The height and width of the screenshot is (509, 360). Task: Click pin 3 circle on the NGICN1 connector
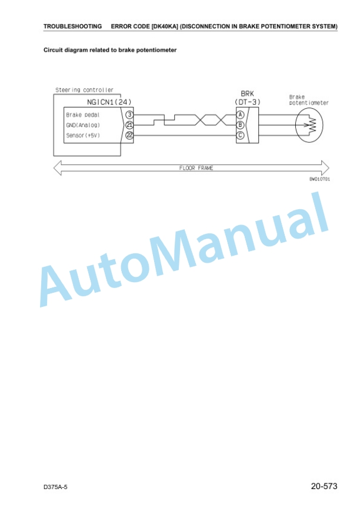click(129, 115)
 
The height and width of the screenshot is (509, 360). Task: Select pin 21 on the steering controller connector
click(129, 125)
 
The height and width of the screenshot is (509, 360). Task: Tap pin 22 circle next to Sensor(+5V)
click(129, 135)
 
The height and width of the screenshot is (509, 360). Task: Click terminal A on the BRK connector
click(240, 115)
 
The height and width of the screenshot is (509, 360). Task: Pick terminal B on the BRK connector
click(240, 125)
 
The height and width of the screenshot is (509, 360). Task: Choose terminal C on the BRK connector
click(240, 135)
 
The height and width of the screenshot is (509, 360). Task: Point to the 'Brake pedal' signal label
click(82, 115)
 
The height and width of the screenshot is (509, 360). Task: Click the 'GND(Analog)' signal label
click(83, 125)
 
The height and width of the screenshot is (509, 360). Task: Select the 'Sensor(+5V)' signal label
click(83, 135)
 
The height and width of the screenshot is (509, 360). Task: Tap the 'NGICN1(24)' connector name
click(109, 102)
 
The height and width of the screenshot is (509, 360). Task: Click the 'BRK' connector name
click(247, 93)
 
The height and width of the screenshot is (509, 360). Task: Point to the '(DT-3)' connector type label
click(247, 102)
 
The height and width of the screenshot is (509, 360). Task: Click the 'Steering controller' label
click(84, 90)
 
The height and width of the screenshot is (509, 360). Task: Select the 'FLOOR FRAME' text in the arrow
click(196, 168)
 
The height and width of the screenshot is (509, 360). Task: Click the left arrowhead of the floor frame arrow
click(58, 168)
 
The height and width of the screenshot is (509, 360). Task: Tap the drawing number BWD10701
click(319, 179)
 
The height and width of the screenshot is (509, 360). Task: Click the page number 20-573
click(324, 486)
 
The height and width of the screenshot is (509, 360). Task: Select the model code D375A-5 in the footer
click(55, 487)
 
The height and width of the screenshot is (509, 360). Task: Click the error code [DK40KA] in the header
click(165, 26)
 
